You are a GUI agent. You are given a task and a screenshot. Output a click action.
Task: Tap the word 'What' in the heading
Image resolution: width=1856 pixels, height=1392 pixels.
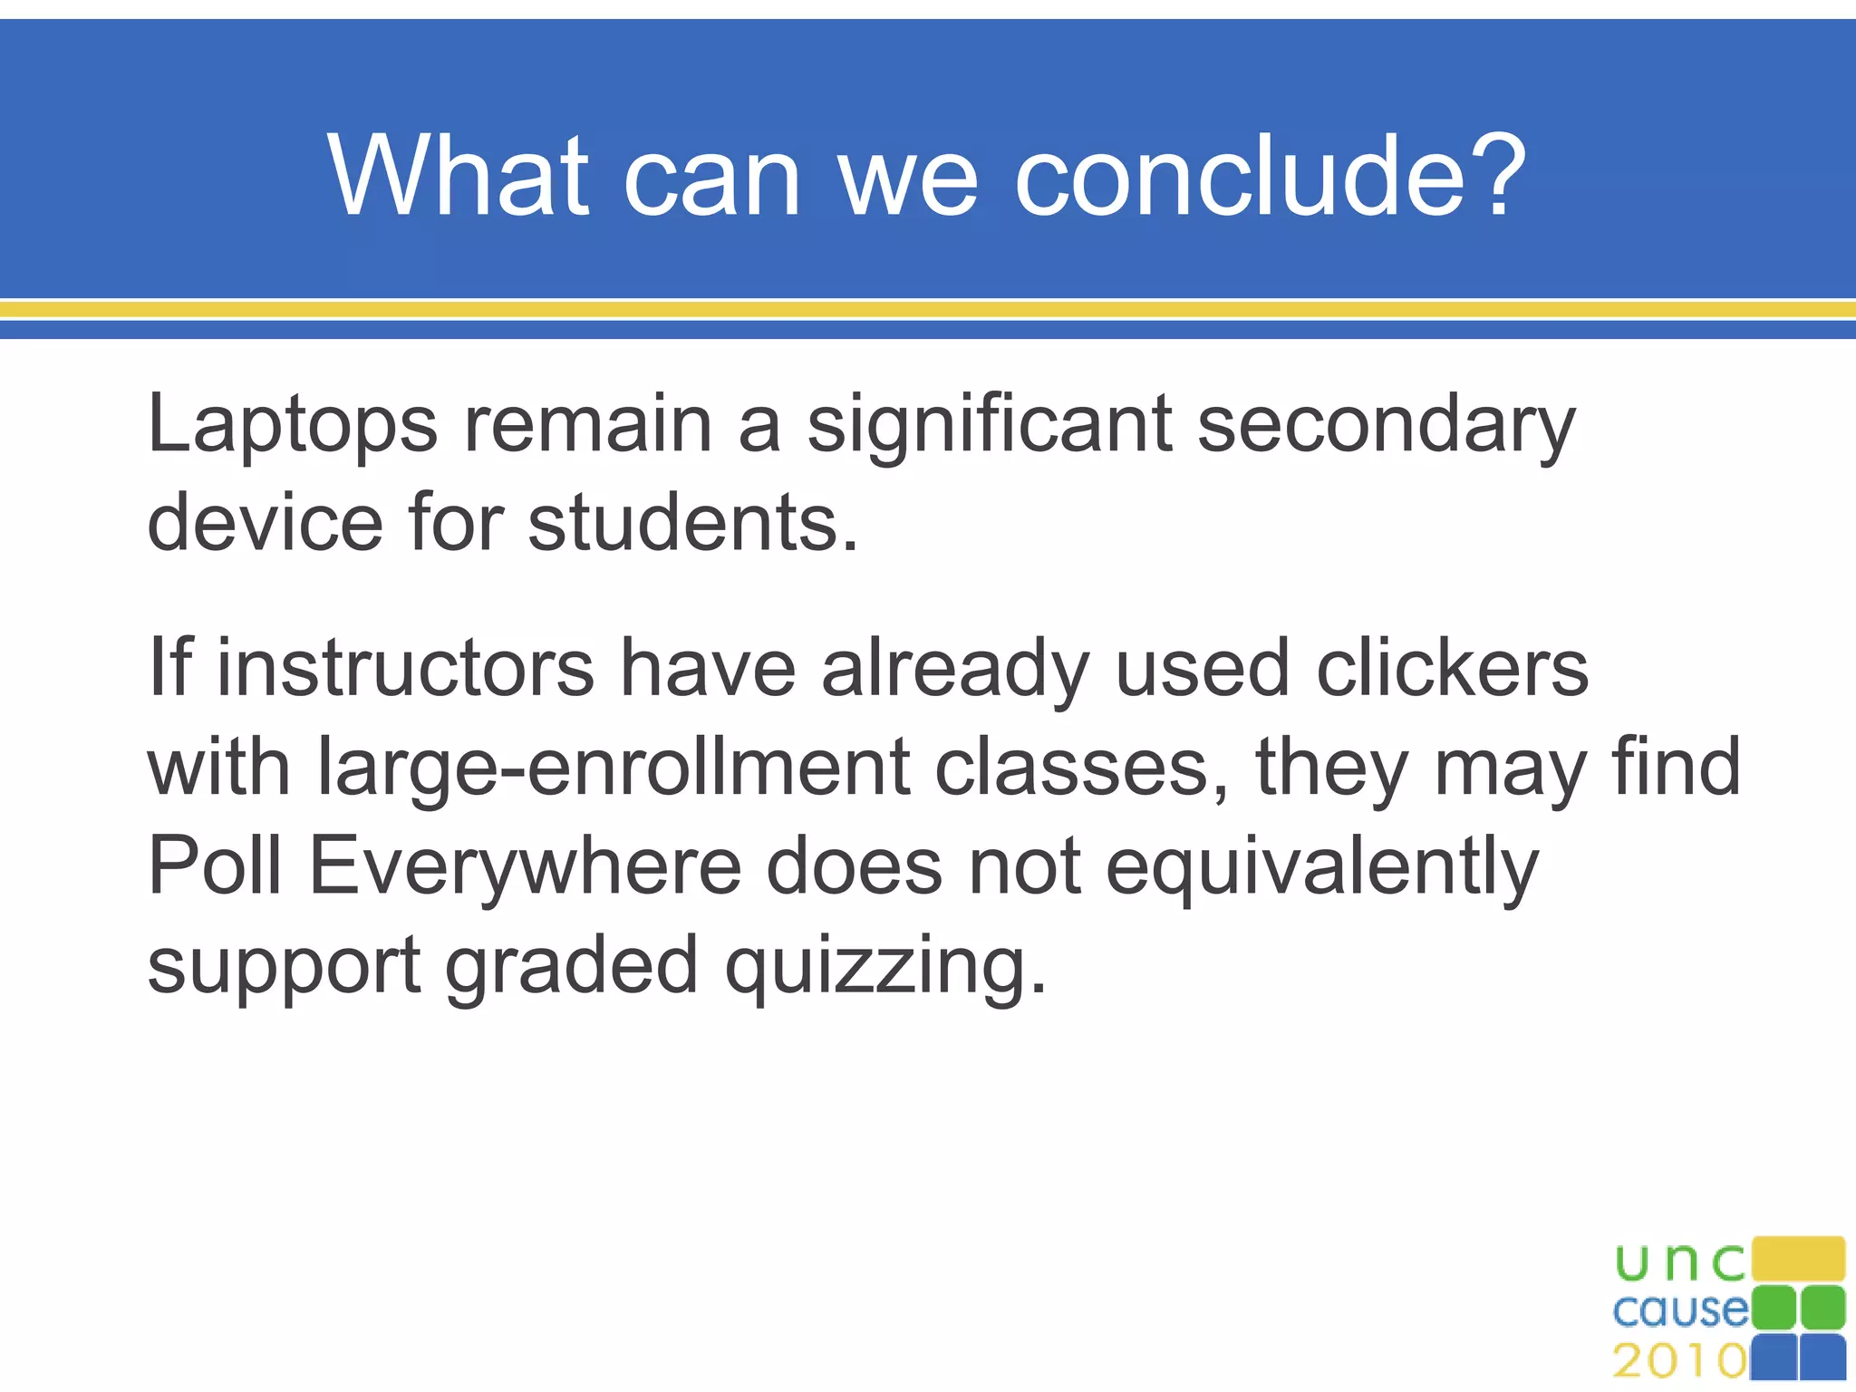click(458, 175)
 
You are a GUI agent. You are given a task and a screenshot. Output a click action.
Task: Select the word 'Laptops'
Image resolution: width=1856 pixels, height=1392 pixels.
click(292, 426)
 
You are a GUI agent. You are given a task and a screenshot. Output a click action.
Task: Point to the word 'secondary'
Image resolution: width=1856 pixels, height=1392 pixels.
click(1387, 426)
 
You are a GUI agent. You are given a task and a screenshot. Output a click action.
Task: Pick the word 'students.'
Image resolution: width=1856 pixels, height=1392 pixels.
click(692, 523)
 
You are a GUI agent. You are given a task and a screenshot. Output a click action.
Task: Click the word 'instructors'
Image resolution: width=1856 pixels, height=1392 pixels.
click(405, 668)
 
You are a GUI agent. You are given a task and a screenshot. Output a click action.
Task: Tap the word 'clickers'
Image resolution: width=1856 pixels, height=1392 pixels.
click(1452, 668)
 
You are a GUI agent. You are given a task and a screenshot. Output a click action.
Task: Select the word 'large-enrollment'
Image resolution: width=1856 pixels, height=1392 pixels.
click(614, 768)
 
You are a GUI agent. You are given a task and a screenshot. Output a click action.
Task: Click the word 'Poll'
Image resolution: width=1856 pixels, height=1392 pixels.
click(214, 865)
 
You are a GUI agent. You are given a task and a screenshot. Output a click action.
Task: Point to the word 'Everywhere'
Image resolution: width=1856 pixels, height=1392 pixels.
click(526, 867)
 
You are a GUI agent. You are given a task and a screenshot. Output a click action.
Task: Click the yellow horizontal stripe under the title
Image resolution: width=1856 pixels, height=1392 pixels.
click(928, 310)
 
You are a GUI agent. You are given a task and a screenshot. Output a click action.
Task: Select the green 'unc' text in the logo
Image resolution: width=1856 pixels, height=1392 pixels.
click(1679, 1262)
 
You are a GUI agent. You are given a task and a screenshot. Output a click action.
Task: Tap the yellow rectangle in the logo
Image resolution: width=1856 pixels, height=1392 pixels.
click(1798, 1259)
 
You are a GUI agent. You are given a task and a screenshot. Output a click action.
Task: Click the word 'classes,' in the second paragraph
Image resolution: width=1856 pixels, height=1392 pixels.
click(1082, 768)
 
